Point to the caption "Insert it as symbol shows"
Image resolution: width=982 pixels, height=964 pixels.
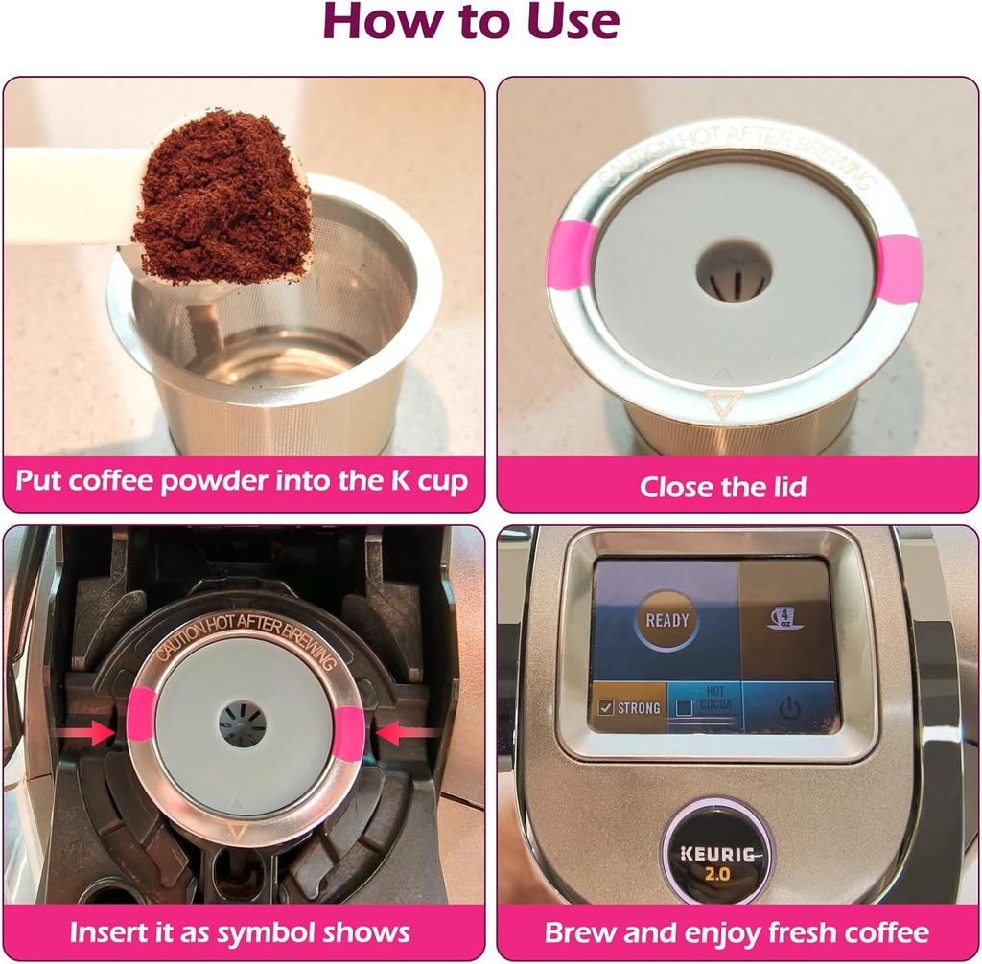tap(240, 931)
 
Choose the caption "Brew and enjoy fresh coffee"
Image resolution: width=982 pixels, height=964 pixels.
tap(736, 931)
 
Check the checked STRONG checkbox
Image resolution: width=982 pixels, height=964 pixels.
tap(606, 708)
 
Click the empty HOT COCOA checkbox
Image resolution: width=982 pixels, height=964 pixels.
tap(684, 708)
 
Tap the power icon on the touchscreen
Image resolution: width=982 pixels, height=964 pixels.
tap(789, 708)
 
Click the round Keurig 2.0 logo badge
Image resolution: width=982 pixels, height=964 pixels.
tap(716, 850)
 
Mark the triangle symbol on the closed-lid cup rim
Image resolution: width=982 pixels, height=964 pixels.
tap(719, 402)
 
